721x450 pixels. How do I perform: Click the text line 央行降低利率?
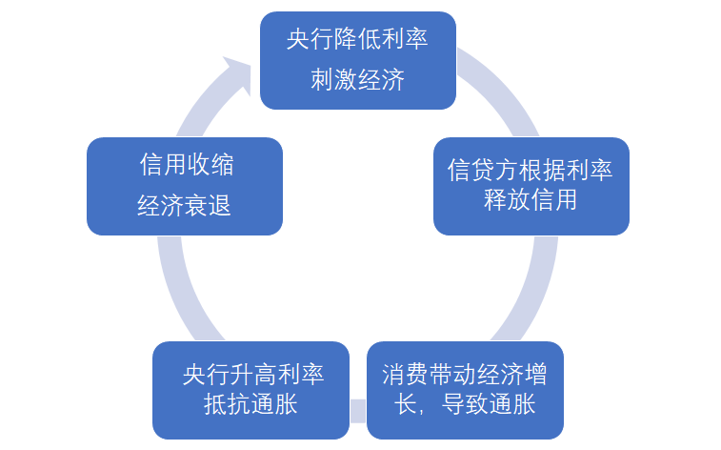tap(357, 39)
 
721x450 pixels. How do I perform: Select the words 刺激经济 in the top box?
tap(357, 79)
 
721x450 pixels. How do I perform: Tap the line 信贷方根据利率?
tap(531, 170)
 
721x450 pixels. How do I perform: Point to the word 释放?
tap(507, 199)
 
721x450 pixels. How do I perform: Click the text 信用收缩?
tap(187, 164)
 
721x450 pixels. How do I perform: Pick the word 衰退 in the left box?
tap(208, 205)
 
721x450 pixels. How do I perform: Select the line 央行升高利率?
tap(253, 375)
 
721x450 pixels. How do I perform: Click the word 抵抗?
tap(227, 404)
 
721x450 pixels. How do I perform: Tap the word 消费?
tap(405, 375)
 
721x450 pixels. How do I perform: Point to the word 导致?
tap(465, 404)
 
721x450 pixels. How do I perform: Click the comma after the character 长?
tap(421, 411)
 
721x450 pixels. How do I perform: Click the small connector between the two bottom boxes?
tap(358, 411)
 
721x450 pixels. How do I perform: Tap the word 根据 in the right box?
tap(542, 170)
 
